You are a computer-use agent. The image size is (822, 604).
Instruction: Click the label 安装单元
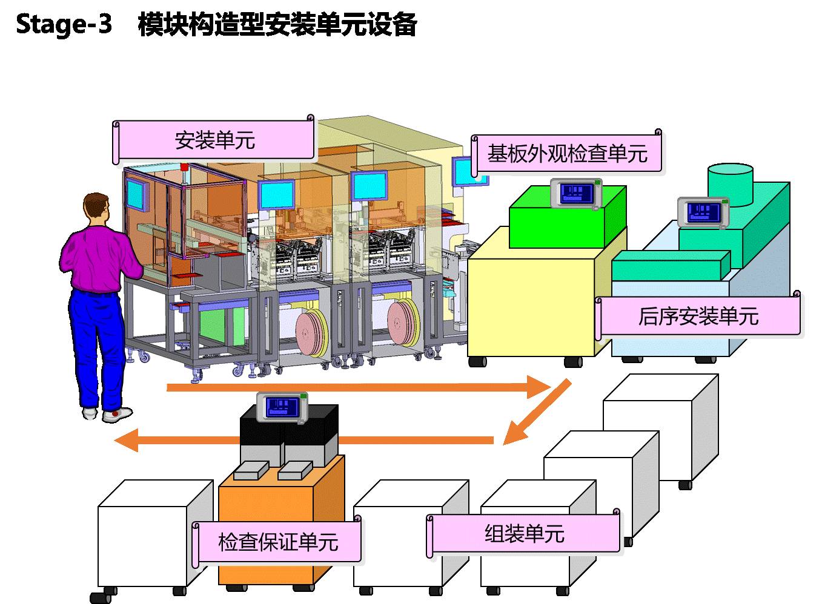tap(214, 140)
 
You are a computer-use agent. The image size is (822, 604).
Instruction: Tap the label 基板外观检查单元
tap(567, 153)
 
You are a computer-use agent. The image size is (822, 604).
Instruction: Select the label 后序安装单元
tap(698, 316)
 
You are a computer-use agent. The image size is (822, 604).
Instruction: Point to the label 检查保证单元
tap(278, 542)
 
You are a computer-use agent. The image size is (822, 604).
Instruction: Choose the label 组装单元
tap(525, 534)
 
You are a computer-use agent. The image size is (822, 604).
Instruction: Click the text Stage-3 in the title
tap(64, 24)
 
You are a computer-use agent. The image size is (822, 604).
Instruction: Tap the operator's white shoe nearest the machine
tap(117, 415)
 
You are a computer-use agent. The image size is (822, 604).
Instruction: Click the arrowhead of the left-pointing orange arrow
tap(127, 440)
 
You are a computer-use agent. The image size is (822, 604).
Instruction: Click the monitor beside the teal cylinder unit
tap(703, 213)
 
